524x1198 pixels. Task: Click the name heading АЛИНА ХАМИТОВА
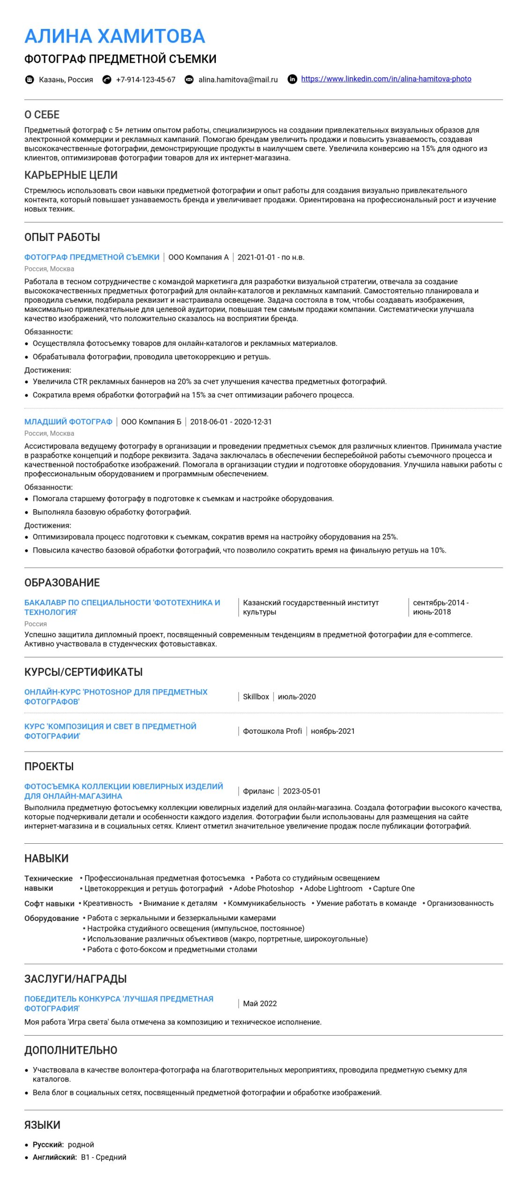[x=115, y=36]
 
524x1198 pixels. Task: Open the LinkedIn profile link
[x=386, y=79]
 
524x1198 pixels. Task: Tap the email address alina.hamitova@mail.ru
[x=238, y=80]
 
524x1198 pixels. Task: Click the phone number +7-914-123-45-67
[x=146, y=80]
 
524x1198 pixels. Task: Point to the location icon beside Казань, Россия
[x=30, y=80]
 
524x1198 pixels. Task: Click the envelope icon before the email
[x=189, y=80]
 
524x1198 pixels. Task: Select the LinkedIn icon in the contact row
[x=292, y=79]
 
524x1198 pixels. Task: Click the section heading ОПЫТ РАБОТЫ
[x=62, y=237]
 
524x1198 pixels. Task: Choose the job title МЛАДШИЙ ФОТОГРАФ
[x=68, y=422]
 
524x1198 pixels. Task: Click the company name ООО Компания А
[x=199, y=257]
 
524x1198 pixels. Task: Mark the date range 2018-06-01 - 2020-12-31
[x=231, y=422]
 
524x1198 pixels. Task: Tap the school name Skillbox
[x=256, y=697]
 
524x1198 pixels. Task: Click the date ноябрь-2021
[x=332, y=731]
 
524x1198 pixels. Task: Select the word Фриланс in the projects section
[x=258, y=791]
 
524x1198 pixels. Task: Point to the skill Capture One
[x=393, y=888]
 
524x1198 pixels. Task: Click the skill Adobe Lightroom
[x=333, y=888]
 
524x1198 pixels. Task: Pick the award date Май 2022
[x=260, y=1003]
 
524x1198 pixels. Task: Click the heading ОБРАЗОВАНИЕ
[x=62, y=583]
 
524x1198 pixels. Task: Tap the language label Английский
[x=54, y=1157]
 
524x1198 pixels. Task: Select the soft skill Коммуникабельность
[x=266, y=903]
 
